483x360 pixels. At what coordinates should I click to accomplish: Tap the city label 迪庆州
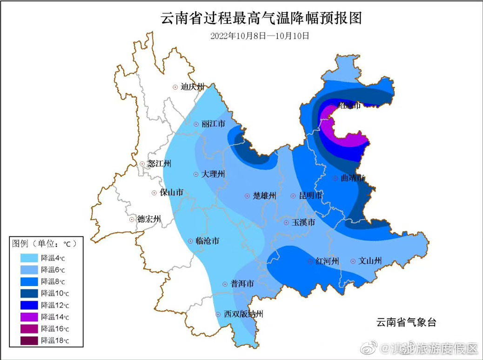(193, 87)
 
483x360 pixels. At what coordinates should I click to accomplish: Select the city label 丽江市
(213, 124)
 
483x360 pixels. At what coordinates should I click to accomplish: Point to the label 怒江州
(160, 164)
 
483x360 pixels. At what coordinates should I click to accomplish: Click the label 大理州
(213, 174)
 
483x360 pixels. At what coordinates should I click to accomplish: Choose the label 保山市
(171, 193)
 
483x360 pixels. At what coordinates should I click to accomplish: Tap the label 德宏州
(149, 219)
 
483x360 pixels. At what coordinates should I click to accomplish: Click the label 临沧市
(208, 241)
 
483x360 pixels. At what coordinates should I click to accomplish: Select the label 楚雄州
(265, 196)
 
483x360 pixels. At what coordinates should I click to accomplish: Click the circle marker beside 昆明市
(293, 196)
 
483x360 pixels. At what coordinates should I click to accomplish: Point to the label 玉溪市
(303, 223)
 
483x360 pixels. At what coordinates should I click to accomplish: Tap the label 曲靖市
(352, 178)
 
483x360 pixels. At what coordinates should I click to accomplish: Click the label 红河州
(328, 261)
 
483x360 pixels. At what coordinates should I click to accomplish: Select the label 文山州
(370, 261)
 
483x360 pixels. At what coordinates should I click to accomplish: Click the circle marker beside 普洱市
(225, 284)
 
